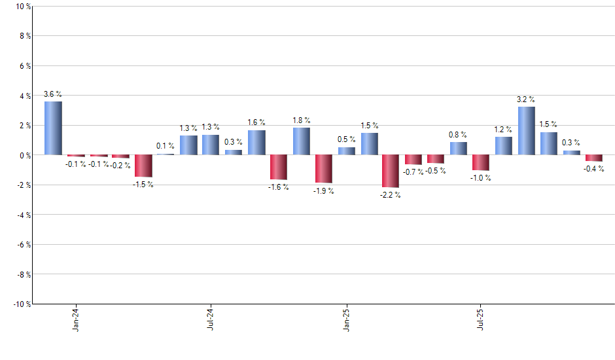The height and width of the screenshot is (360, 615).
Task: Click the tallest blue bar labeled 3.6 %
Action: click(53, 128)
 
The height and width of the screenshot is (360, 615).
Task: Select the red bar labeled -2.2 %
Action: click(391, 171)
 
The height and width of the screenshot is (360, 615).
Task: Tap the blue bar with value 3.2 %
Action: click(526, 131)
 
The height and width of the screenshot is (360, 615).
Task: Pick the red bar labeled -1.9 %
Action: click(323, 169)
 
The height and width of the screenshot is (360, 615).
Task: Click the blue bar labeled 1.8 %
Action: click(301, 141)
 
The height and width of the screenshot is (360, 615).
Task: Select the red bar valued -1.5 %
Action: click(143, 166)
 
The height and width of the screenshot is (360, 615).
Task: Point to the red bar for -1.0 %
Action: click(481, 162)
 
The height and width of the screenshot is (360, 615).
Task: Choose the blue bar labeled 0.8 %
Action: click(458, 149)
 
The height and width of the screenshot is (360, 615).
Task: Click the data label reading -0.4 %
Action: click(594, 169)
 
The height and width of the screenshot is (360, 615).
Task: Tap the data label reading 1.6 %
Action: click(256, 122)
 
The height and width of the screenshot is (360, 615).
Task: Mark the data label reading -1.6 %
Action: click(279, 187)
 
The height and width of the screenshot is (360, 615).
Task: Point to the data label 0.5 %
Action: click(347, 139)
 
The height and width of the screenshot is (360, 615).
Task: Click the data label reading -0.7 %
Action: click(413, 172)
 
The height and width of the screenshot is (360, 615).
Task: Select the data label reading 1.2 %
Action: click(504, 129)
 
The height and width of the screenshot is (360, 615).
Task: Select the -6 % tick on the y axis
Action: click(22, 244)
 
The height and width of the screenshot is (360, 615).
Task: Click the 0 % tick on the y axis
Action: click(24, 155)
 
